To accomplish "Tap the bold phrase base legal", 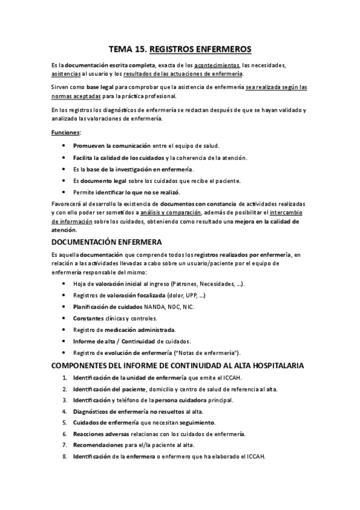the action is [100, 87].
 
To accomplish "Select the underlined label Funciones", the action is [66, 132].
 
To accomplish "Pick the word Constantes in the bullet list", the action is [88, 318].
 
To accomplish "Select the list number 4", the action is [64, 411].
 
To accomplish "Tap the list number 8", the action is [64, 456].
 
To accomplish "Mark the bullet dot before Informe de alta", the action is [64, 341].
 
